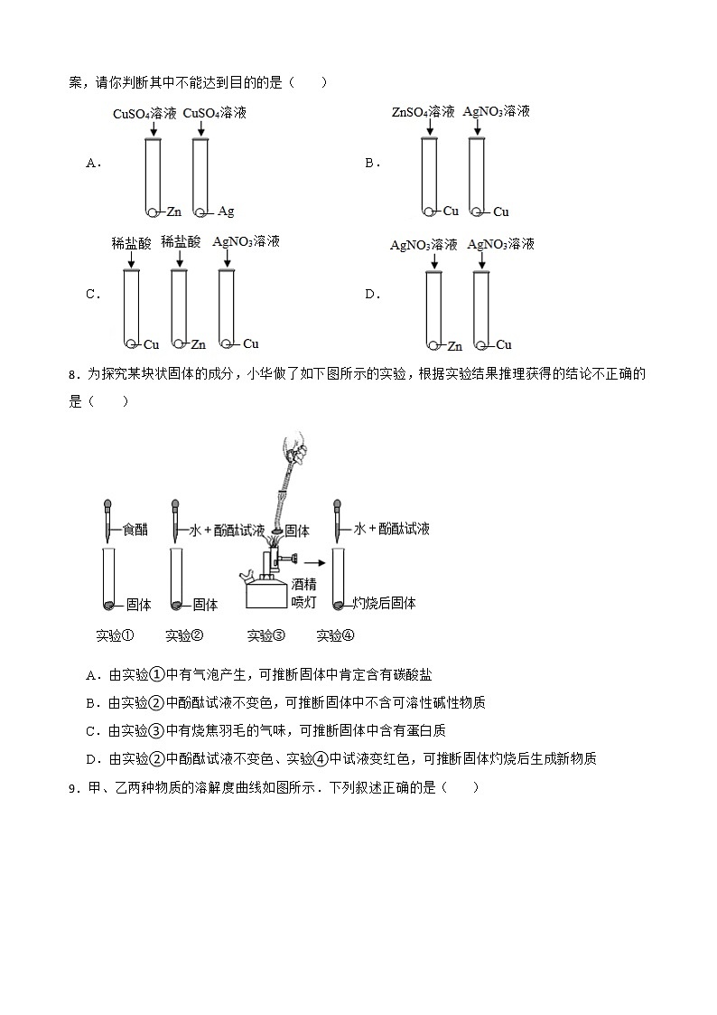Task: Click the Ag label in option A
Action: (x=226, y=211)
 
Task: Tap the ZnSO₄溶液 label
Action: (x=423, y=112)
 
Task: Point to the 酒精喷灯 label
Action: (x=304, y=594)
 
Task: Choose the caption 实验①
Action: (x=115, y=635)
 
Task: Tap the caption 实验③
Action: (x=265, y=635)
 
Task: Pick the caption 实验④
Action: (x=335, y=635)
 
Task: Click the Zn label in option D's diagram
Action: (x=455, y=345)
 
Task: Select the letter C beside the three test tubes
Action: (x=91, y=294)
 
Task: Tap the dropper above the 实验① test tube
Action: (x=107, y=519)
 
